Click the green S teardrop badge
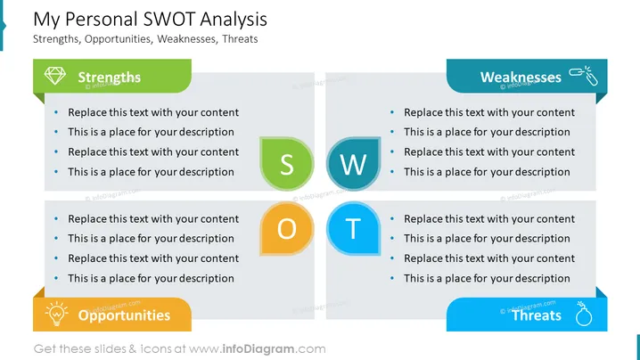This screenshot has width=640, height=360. pyautogui.click(x=287, y=164)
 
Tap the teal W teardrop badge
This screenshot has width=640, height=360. pyautogui.click(x=354, y=164)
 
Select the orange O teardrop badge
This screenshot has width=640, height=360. pyautogui.click(x=287, y=229)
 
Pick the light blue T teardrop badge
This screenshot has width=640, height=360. pyautogui.click(x=354, y=229)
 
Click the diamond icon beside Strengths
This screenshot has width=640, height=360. pyautogui.click(x=54, y=76)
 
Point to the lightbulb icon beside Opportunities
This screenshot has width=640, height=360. pyautogui.click(x=56, y=314)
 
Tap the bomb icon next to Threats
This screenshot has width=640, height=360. pyautogui.click(x=583, y=314)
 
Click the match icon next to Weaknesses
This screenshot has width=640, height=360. pyautogui.click(x=584, y=75)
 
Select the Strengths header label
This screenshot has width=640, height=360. pyautogui.click(x=110, y=78)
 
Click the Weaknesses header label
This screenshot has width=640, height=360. pyautogui.click(x=521, y=78)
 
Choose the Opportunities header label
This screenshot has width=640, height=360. pyautogui.click(x=124, y=315)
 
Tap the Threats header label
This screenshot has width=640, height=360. pyautogui.click(x=537, y=315)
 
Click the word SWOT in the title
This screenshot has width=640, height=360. pyautogui.click(x=168, y=20)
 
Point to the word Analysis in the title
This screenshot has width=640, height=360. pyautogui.click(x=234, y=20)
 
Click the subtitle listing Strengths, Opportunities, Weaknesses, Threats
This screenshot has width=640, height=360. pyautogui.click(x=145, y=39)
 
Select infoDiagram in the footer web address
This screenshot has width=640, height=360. pyautogui.click(x=258, y=349)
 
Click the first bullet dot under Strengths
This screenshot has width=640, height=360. pyautogui.click(x=56, y=112)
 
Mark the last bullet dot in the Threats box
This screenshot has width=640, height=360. pyautogui.click(x=392, y=278)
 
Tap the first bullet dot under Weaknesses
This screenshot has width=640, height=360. pyautogui.click(x=392, y=112)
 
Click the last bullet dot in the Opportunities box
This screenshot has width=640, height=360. pyautogui.click(x=56, y=278)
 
